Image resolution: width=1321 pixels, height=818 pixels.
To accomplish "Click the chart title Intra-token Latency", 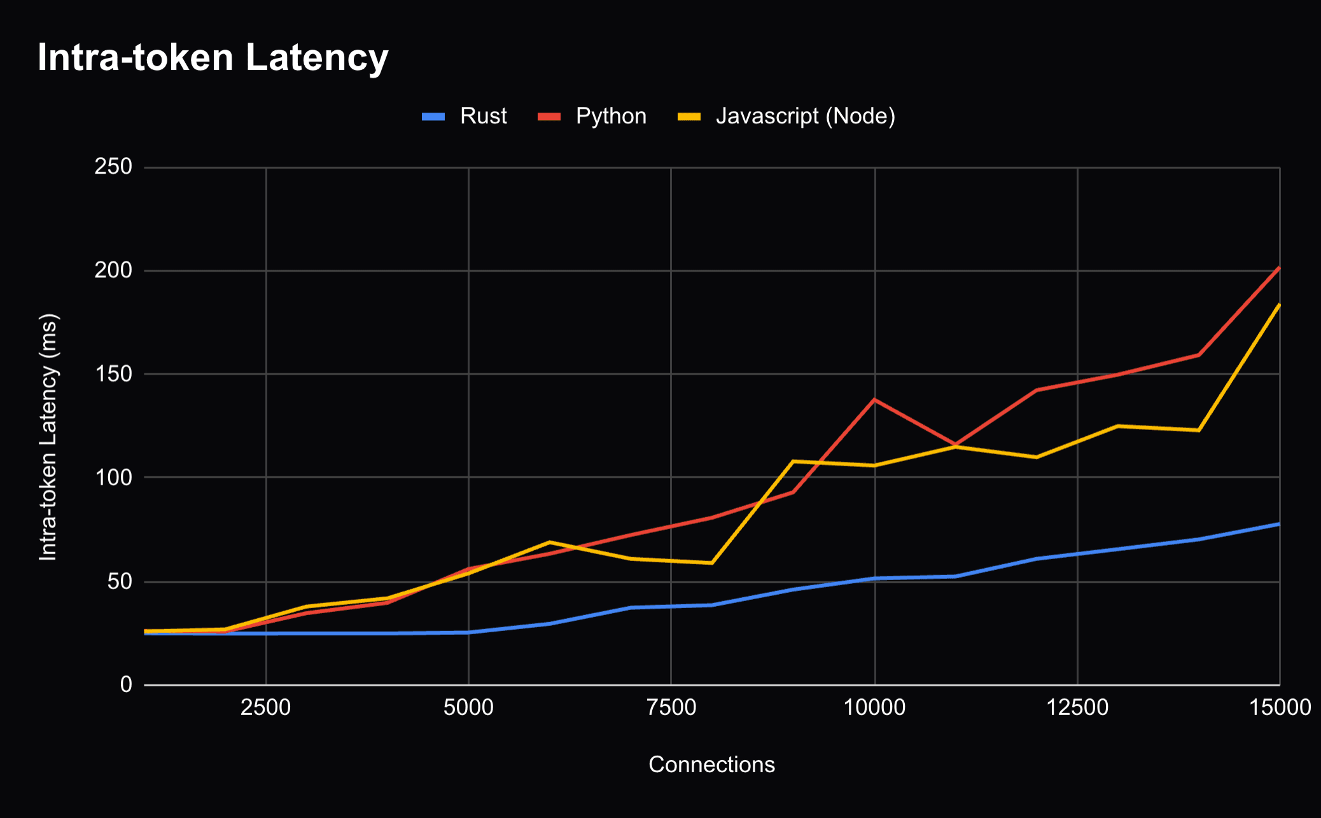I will point(213,58).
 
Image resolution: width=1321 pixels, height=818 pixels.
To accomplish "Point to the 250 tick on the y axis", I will point(113,167).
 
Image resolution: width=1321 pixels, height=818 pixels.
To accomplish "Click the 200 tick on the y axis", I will point(113,270).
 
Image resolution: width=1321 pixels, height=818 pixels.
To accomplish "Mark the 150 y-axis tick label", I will point(113,374).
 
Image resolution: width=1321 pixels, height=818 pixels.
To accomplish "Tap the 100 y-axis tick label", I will point(113,477).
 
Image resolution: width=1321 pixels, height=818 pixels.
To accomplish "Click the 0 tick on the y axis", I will point(126,684).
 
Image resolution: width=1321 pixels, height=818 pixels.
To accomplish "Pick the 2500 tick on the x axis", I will point(265,707).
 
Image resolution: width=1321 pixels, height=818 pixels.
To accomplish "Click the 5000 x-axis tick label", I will point(468,707).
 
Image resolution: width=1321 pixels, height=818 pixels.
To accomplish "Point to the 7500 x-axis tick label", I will point(671,707).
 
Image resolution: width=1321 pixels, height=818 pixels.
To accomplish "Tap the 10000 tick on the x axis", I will point(874,707).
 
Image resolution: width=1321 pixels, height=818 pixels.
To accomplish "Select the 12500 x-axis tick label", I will point(1077,707).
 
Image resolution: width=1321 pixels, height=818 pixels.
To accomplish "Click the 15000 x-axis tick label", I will point(1279,707).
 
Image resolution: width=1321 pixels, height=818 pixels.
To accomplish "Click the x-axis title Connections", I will point(711,765).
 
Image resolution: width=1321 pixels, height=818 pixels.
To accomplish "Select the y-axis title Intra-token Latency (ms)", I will point(48,437).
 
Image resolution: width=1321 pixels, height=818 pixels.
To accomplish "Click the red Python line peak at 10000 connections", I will point(875,399).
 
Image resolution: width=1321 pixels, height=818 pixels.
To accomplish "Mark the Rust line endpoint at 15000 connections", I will point(1278,524).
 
